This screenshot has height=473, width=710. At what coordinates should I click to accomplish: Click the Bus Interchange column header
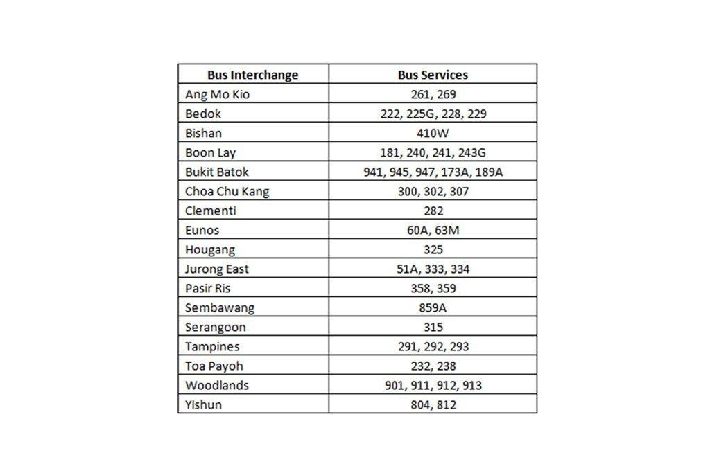252,75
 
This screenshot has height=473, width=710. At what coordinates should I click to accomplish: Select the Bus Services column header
433,75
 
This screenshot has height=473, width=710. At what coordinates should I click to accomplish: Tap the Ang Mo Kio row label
217,95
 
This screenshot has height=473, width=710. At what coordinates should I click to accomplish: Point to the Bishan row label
204,134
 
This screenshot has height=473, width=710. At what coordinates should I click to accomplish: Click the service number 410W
433,134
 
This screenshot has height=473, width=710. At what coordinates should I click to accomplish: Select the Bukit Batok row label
217,172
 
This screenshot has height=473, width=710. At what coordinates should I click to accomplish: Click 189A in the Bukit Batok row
487,172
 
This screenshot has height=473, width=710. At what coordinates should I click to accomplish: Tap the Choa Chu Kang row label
227,192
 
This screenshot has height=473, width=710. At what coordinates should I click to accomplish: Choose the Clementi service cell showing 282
433,211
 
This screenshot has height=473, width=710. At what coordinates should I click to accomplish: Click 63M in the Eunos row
447,231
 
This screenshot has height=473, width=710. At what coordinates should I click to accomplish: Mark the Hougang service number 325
433,250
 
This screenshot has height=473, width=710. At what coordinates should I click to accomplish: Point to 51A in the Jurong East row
408,269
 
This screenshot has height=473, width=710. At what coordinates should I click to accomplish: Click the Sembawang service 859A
433,308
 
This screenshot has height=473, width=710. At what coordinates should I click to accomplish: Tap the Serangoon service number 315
433,328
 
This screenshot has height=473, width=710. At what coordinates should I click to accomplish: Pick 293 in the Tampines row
460,347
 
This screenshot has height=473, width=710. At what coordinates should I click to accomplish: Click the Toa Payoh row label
214,366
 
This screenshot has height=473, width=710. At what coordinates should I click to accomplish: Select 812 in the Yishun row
447,405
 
